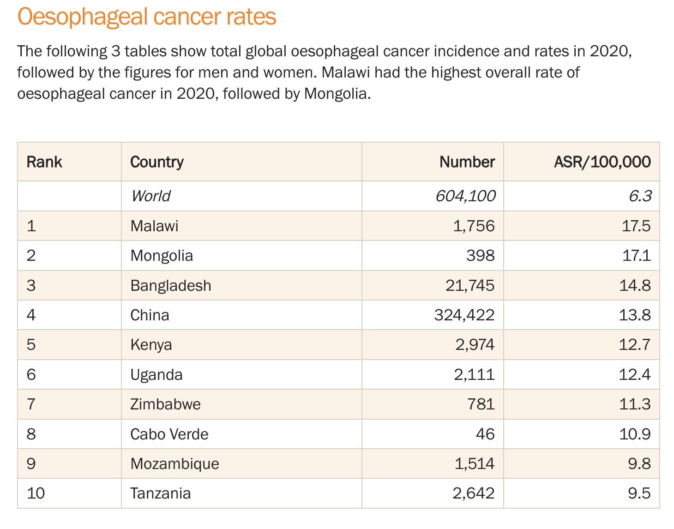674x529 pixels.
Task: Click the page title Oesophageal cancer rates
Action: pos(147,17)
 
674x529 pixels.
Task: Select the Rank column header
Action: pos(44,162)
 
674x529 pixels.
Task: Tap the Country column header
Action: pos(157,162)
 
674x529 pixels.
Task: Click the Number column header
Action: pos(467,162)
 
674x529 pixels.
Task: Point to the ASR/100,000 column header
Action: pos(602,162)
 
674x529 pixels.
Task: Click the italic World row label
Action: pos(151,196)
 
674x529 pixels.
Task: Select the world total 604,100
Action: pos(465,196)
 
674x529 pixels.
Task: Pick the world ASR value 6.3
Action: pos(640,196)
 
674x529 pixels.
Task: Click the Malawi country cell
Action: pos(154,226)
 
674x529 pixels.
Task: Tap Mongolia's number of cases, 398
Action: pos(480,256)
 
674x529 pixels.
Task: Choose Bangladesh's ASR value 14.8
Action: pos(635,286)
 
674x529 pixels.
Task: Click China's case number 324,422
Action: pos(464,315)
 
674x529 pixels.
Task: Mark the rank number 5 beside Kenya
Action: pos(31,345)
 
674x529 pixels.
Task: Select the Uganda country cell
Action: pos(156,375)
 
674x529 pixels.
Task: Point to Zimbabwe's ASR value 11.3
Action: pos(635,404)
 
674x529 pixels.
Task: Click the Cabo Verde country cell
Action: pos(169,434)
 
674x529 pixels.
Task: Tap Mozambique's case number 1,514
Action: pos(474,464)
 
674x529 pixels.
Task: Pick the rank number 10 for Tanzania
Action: pos(36,493)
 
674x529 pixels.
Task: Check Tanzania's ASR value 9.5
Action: pos(639,493)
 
